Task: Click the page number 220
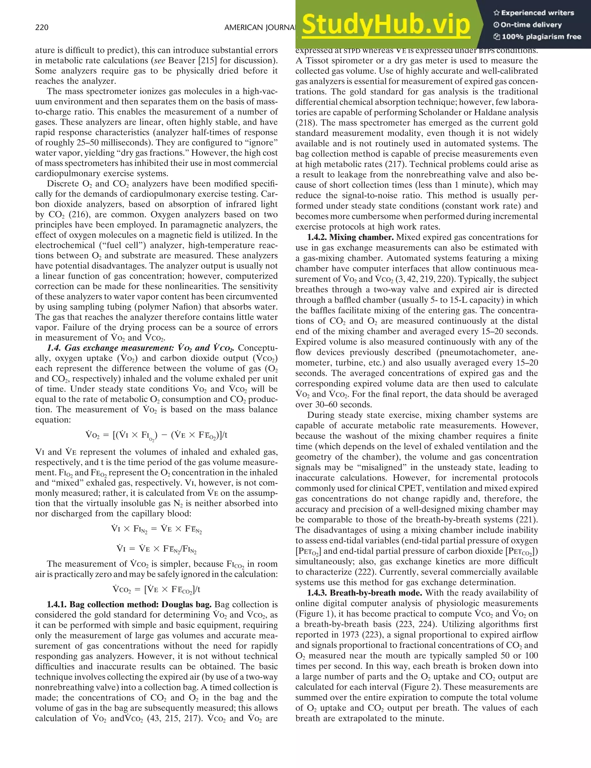42,27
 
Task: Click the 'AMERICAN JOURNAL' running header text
259,27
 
